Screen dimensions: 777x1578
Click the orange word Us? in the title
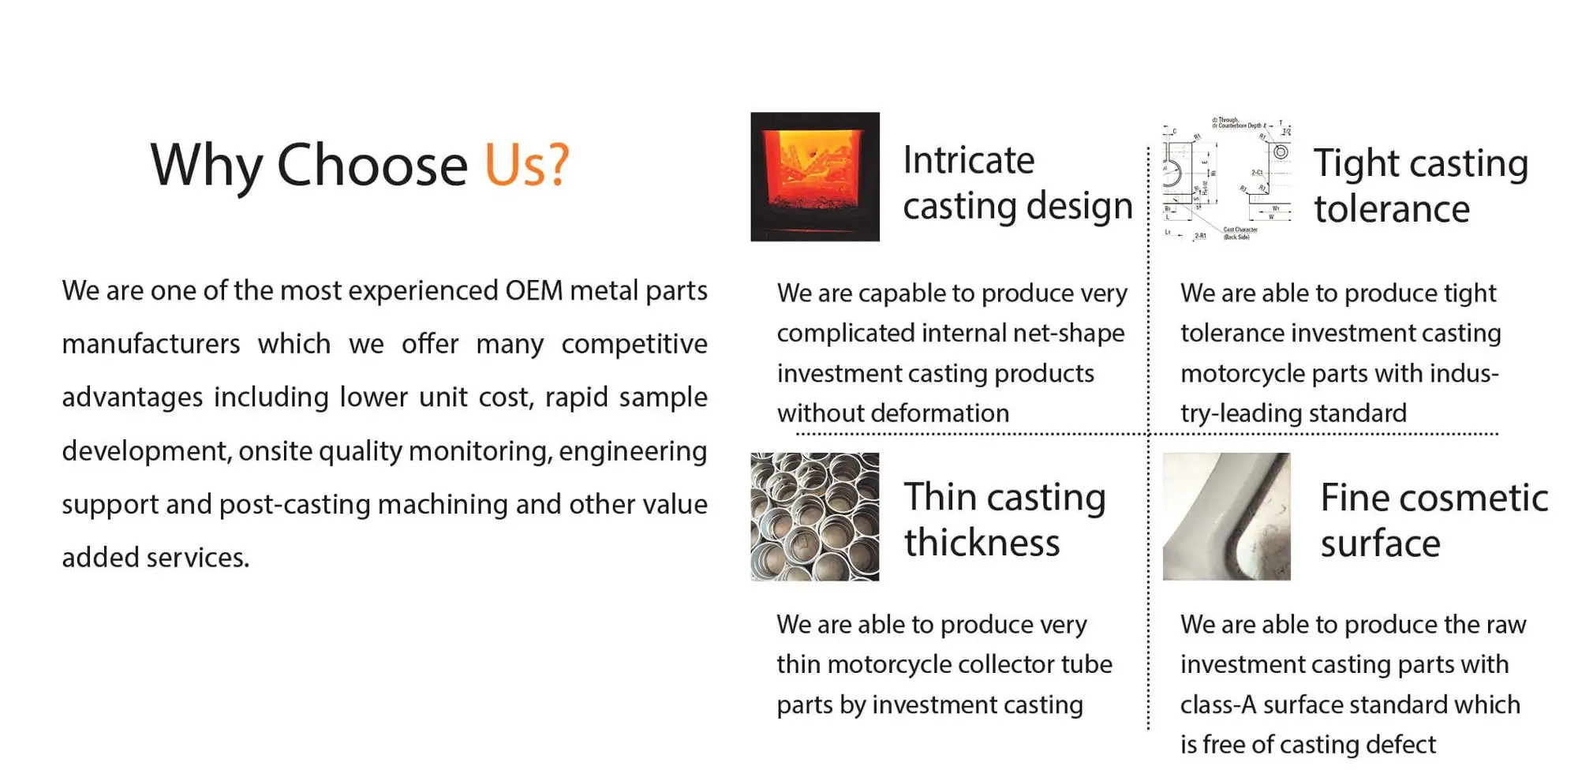[x=526, y=165]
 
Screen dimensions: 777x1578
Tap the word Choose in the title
[x=372, y=165]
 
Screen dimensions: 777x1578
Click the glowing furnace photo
[x=814, y=177]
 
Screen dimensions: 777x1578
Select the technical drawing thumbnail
[x=1226, y=179]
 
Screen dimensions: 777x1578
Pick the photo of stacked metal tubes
[x=814, y=517]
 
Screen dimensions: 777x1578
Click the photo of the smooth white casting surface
[x=1226, y=517]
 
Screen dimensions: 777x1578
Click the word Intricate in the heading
[x=968, y=160]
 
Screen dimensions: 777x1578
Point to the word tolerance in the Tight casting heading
[x=1392, y=209]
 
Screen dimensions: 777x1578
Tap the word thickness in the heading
[x=982, y=544]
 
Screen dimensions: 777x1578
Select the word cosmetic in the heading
[x=1473, y=499]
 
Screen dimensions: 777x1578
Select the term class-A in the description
[x=1217, y=704]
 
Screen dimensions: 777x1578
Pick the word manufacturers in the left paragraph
[x=151, y=344]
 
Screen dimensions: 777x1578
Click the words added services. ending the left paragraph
[x=155, y=558]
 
